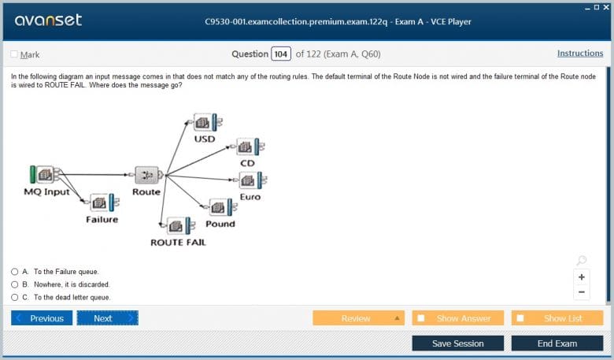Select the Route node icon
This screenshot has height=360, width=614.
click(x=148, y=175)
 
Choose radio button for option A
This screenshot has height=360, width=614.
click(x=15, y=272)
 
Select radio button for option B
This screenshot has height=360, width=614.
click(x=15, y=284)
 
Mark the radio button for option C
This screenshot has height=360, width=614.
click(x=15, y=297)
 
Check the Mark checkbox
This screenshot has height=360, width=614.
click(x=14, y=54)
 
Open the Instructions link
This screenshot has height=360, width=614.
click(x=580, y=54)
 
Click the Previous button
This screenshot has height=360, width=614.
click(x=42, y=318)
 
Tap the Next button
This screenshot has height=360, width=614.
click(x=108, y=318)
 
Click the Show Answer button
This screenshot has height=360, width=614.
click(x=458, y=318)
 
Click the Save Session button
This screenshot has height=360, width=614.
click(x=458, y=343)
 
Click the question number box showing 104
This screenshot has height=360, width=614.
click(x=281, y=54)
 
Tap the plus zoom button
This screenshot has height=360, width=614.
click(x=582, y=277)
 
